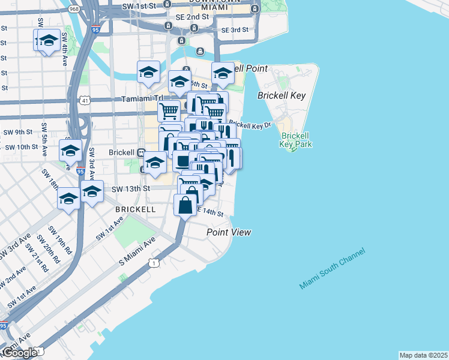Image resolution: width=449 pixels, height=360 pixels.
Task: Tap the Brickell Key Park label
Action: (295, 140)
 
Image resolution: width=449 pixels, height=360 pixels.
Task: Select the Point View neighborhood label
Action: (228, 232)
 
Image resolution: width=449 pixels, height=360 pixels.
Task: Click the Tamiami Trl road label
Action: (142, 98)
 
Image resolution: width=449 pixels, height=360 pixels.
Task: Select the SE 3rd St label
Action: (234, 30)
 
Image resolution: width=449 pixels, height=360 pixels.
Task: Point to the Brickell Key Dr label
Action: (250, 125)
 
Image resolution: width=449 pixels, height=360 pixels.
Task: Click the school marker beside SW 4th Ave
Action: (47, 41)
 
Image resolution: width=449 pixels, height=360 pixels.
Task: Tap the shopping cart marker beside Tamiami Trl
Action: (169, 110)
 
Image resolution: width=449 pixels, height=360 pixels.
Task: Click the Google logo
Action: (19, 353)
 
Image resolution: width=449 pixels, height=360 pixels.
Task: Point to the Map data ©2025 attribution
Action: (423, 355)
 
